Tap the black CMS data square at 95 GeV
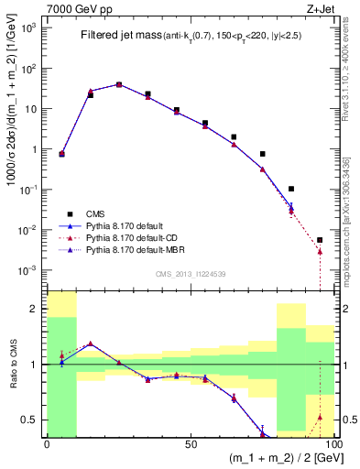tap(320, 240)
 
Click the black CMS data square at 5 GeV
tap(61, 154)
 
